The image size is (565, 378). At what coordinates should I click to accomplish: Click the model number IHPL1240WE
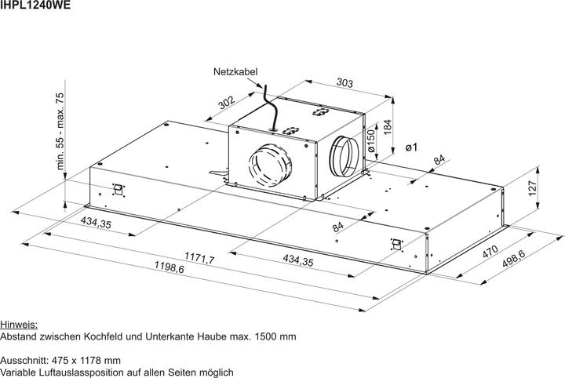[x=36, y=6]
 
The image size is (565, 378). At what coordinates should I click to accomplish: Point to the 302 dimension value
[x=228, y=105]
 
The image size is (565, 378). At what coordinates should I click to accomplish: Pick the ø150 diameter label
[x=370, y=144]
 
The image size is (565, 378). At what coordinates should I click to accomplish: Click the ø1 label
[x=410, y=147]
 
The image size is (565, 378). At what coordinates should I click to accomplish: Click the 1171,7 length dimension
[x=200, y=257]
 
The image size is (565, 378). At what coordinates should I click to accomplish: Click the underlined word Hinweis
[x=19, y=324]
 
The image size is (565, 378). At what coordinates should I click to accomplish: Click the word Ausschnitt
[x=25, y=360]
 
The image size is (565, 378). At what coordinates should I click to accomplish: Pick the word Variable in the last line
[x=20, y=373]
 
